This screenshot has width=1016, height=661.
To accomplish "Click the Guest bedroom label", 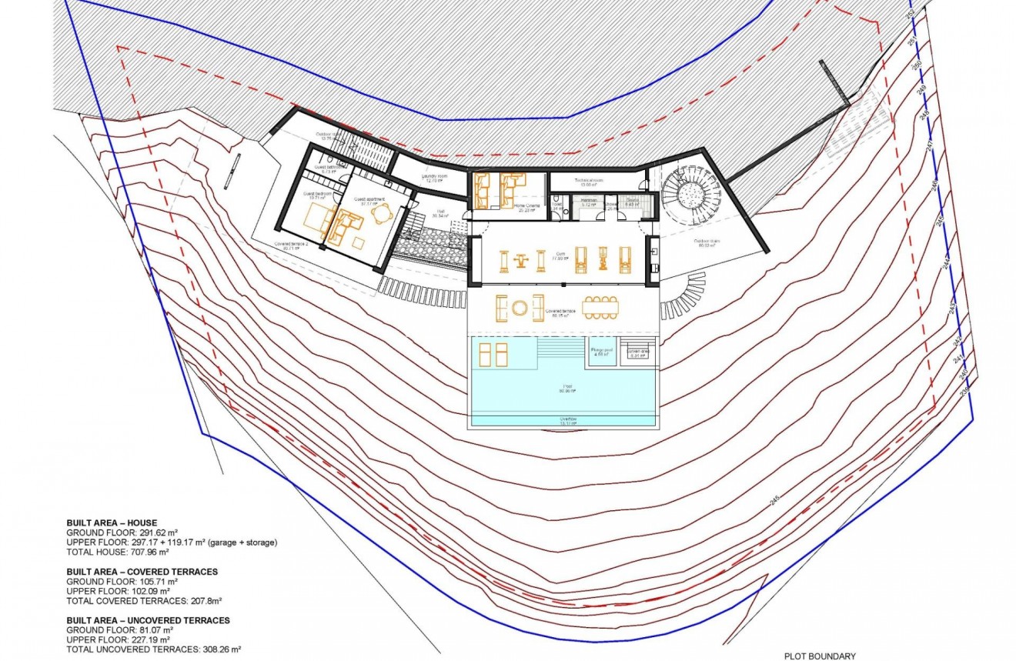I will [x=317, y=194].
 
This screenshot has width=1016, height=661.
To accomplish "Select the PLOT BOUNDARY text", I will [x=820, y=656].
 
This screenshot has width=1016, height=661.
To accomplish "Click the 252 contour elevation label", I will [x=932, y=13].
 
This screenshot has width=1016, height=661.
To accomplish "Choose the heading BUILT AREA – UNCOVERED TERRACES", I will [x=148, y=620].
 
